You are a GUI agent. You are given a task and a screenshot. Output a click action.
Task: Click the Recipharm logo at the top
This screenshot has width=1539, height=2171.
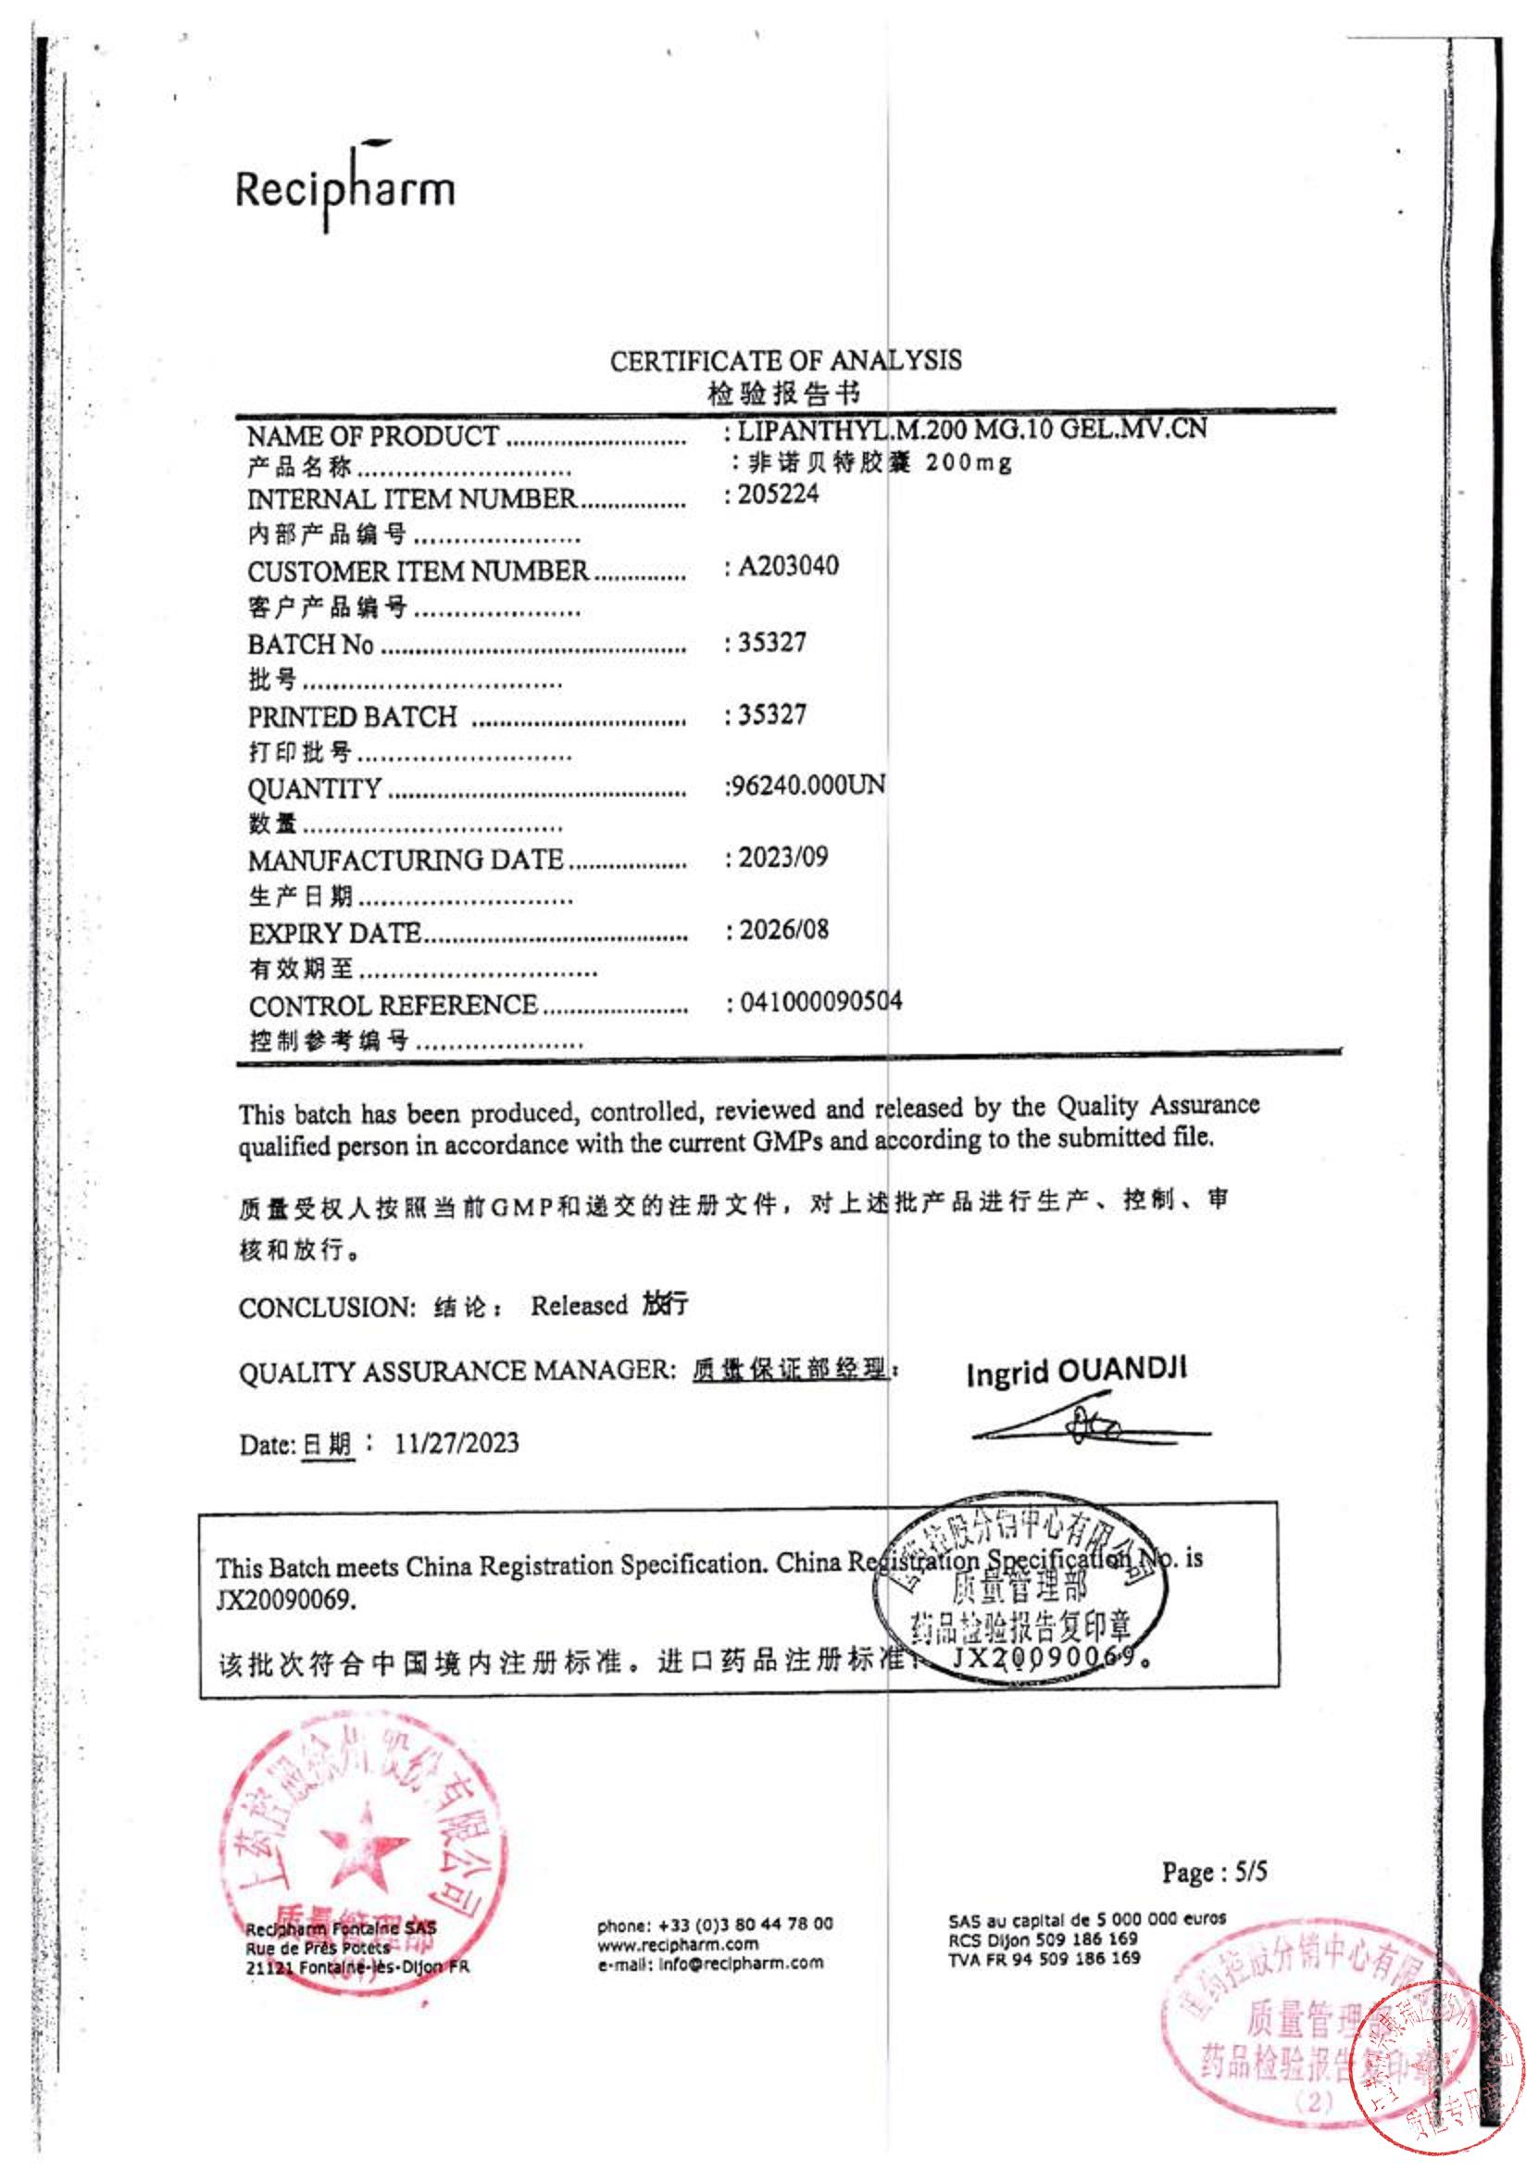coord(345,187)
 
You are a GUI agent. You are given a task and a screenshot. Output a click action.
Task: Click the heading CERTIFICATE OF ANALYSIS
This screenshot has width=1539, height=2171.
coord(784,361)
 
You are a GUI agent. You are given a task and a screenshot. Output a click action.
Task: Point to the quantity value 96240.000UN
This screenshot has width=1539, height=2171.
coord(806,785)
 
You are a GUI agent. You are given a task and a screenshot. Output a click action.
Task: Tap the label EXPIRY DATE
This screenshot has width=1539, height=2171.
coord(334,935)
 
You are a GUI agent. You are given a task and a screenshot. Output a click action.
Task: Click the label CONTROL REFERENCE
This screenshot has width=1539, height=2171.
coord(394,1006)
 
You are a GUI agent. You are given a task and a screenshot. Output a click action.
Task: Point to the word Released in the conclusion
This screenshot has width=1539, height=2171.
coord(579,1306)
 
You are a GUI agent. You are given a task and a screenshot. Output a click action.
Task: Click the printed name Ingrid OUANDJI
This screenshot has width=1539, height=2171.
coord(1076,1371)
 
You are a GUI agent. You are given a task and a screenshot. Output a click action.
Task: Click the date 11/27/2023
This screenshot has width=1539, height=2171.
coord(457,1443)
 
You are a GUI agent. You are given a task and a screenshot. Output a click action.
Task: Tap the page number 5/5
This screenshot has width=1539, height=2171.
coord(1251,1873)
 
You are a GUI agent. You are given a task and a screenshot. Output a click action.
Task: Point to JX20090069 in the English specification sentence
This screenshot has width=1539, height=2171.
coord(287,1600)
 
